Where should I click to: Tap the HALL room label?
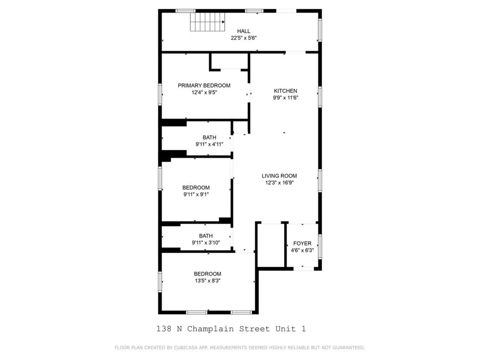243,31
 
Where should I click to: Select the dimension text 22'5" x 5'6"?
243,38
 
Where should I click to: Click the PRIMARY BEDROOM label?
204,85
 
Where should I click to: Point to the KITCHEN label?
285,91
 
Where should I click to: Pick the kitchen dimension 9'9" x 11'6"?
285,98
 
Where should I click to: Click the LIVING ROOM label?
279,176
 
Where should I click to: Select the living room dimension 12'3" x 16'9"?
279,183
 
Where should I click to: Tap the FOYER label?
302,243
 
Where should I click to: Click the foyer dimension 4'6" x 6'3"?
302,250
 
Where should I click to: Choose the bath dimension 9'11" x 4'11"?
210,144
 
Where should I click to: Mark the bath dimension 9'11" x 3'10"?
206,243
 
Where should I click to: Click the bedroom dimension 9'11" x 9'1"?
196,195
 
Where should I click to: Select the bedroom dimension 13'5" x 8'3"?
208,281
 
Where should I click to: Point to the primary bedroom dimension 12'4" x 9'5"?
204,92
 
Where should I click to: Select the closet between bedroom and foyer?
270,245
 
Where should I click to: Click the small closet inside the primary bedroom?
229,61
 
